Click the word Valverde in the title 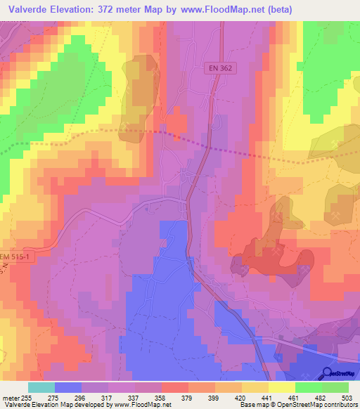click(x=25, y=8)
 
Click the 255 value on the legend click(x=25, y=397)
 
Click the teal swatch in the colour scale click(x=41, y=387)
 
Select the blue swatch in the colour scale click(x=67, y=387)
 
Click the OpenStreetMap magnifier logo click(x=327, y=372)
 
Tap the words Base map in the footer click(x=252, y=405)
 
